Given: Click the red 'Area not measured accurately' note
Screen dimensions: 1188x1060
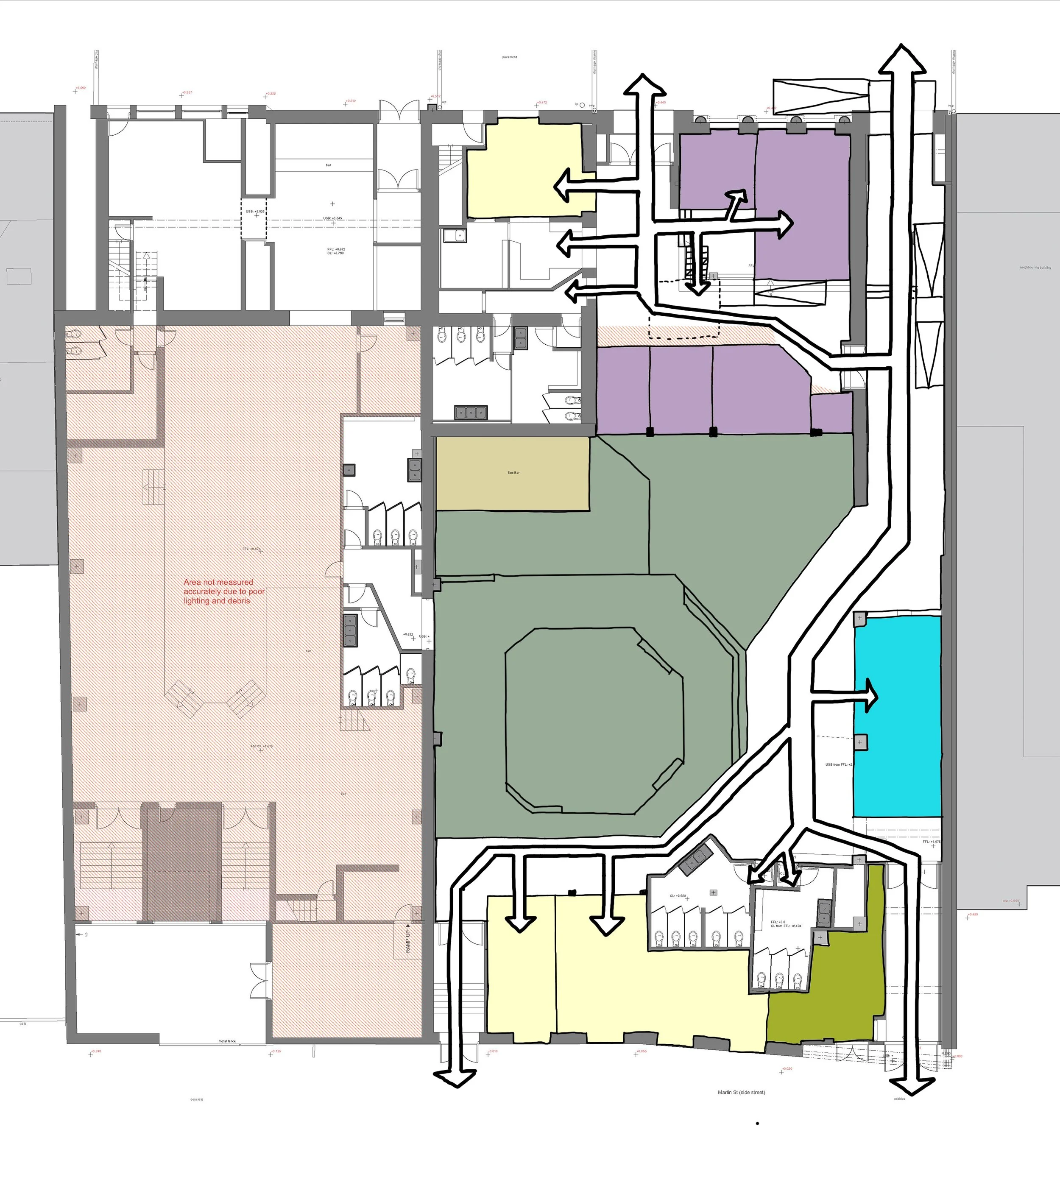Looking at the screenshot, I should click(224, 591).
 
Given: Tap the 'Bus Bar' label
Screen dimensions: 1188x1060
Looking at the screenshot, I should click(513, 472).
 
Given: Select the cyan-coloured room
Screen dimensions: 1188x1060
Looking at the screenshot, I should click(897, 716).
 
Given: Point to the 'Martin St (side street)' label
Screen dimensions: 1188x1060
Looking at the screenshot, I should click(742, 1092).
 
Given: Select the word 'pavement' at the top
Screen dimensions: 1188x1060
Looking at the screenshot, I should click(510, 57).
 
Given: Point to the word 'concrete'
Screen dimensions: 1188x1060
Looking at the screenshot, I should click(197, 1099).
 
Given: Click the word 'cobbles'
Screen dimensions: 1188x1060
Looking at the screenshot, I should click(899, 1099).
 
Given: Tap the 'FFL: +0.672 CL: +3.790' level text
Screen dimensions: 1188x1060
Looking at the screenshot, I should click(336, 251).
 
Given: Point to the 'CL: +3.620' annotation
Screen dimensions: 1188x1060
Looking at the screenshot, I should click(678, 895).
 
